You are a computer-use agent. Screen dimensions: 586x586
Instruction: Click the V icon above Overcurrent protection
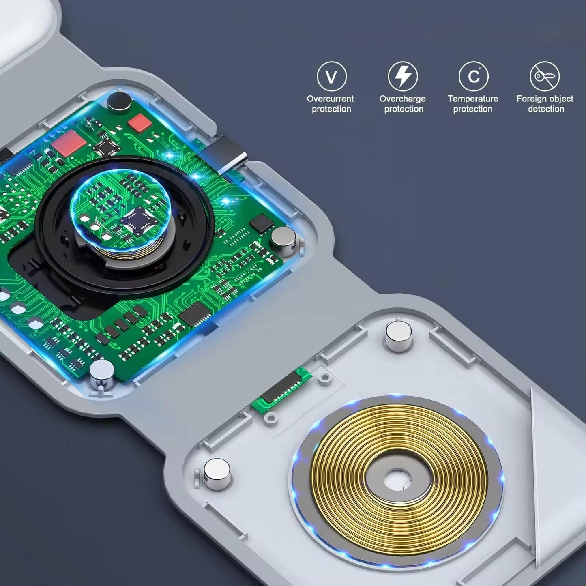331,76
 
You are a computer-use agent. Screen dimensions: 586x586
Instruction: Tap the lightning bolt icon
403,76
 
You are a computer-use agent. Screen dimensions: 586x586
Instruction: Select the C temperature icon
474,76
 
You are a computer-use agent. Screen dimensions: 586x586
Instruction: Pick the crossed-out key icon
545,76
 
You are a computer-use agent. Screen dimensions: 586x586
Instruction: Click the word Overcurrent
330,99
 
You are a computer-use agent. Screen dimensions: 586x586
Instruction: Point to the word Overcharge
403,99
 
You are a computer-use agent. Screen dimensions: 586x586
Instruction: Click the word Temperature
473,99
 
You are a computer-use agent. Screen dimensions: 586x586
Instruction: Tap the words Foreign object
545,99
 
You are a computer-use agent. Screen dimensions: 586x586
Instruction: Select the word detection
546,109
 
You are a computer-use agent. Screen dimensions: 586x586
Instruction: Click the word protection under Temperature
473,109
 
